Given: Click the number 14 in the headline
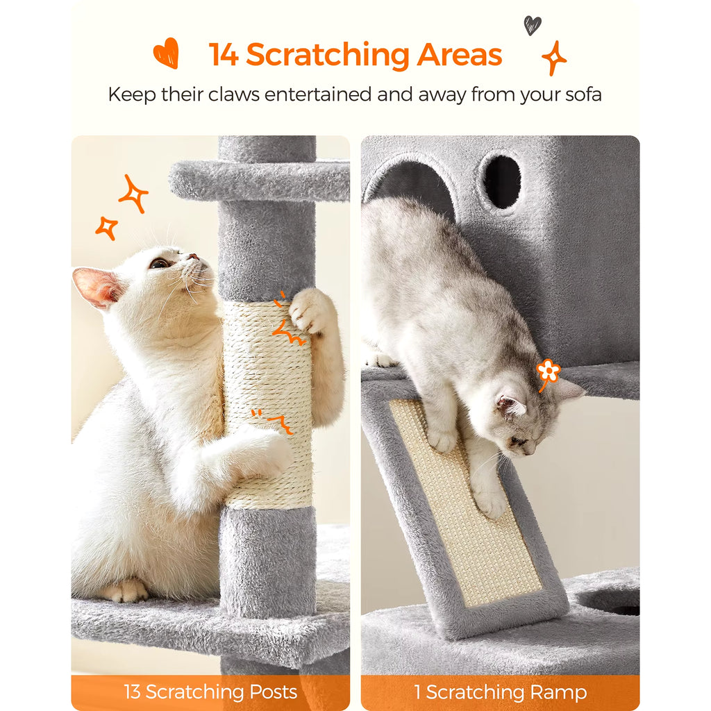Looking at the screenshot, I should click(x=224, y=56).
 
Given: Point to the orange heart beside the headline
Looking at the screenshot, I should click(x=167, y=53).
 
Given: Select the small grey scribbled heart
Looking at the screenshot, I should click(x=532, y=25).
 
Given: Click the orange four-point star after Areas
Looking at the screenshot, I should click(x=554, y=58).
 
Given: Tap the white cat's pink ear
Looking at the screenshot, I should click(x=97, y=287).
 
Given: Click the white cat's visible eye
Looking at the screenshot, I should click(x=160, y=263).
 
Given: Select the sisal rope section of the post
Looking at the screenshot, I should click(x=267, y=403).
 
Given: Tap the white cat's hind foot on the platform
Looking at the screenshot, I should click(x=126, y=591).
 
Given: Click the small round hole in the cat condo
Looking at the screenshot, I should click(x=501, y=181).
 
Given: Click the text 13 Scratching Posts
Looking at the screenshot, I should click(x=210, y=692).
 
